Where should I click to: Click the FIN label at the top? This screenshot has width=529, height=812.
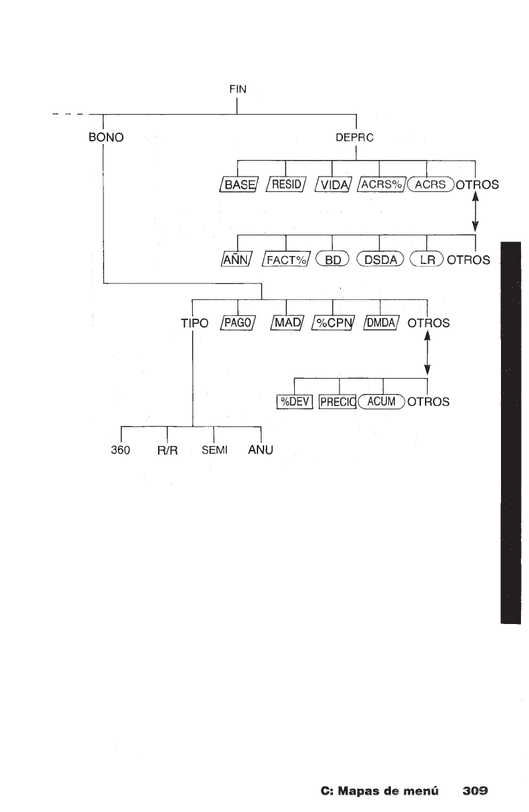coord(237,89)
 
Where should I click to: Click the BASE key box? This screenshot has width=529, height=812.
coord(238,185)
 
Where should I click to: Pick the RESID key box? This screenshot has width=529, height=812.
coord(285,185)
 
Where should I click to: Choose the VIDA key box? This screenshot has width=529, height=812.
coord(332,185)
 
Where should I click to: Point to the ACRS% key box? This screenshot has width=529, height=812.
coord(380,185)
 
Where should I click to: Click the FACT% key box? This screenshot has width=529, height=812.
coord(285,259)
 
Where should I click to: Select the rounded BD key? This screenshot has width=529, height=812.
coord(332,259)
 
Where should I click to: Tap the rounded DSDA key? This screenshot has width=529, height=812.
coord(380,259)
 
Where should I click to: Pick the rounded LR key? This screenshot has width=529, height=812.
coord(426,259)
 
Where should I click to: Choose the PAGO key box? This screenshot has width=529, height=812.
coord(238,324)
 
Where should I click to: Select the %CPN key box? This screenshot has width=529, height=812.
coord(332,324)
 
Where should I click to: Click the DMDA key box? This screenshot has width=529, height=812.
coord(380,324)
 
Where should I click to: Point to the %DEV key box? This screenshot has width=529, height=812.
coord(294,401)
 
